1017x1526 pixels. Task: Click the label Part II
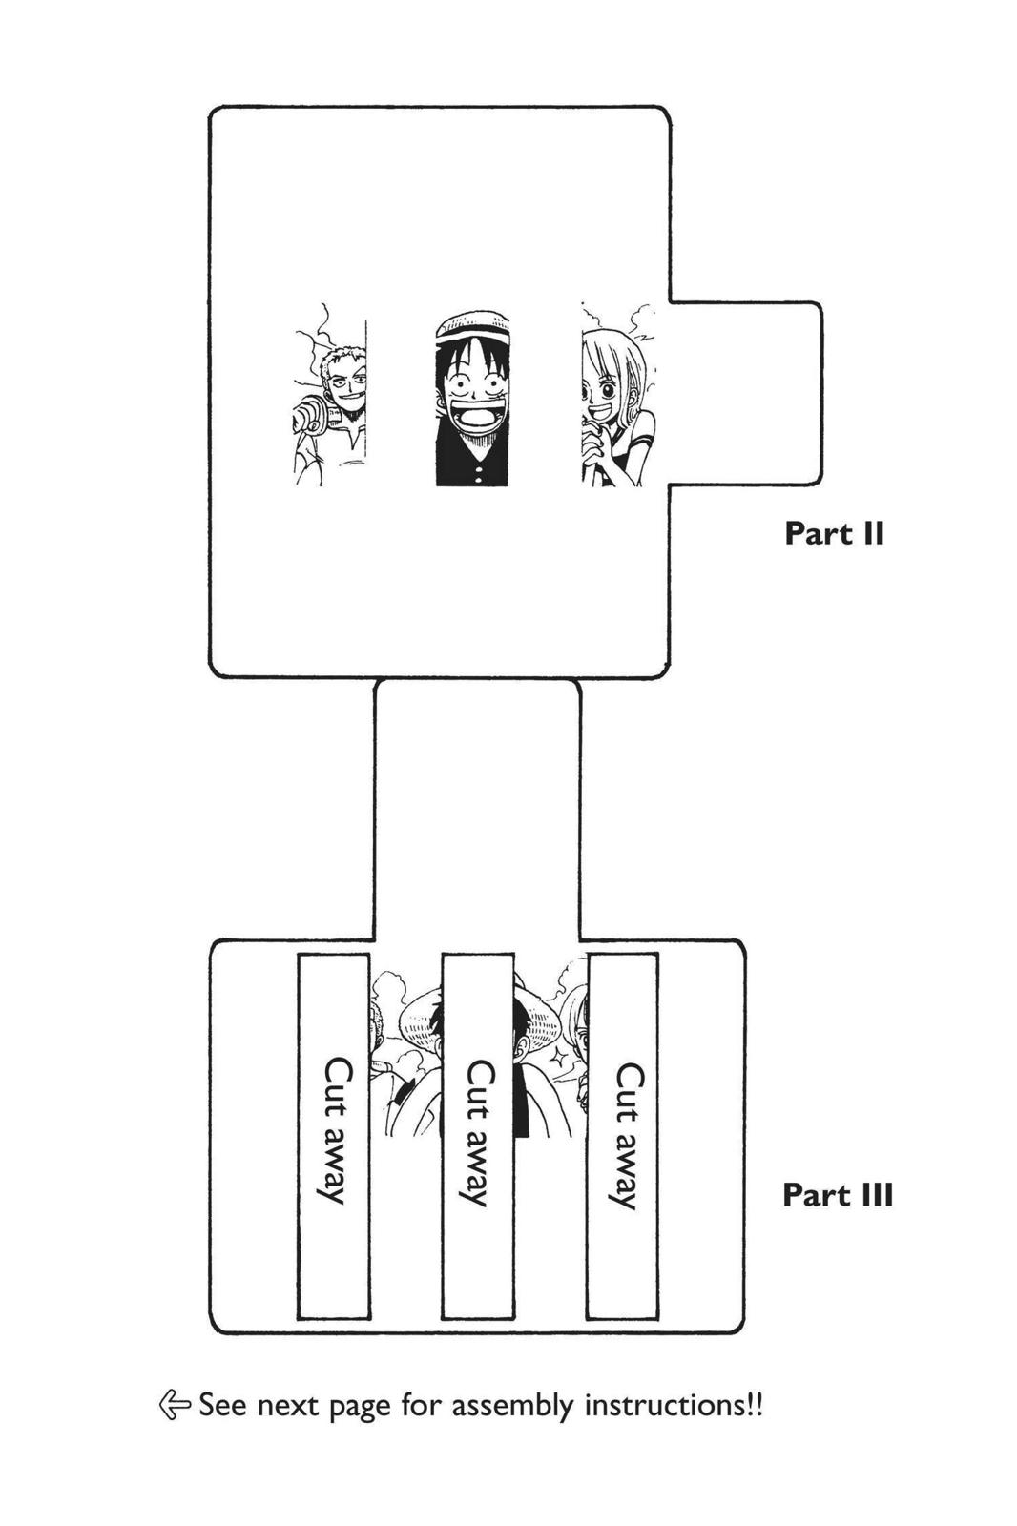(x=834, y=533)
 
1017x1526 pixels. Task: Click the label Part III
(x=838, y=1195)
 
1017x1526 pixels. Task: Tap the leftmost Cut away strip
(x=334, y=1135)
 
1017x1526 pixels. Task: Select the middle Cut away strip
(x=477, y=1135)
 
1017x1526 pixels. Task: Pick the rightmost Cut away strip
(x=622, y=1135)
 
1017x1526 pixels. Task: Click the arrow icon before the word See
(x=175, y=1404)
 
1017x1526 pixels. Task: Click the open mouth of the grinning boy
(x=470, y=417)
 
